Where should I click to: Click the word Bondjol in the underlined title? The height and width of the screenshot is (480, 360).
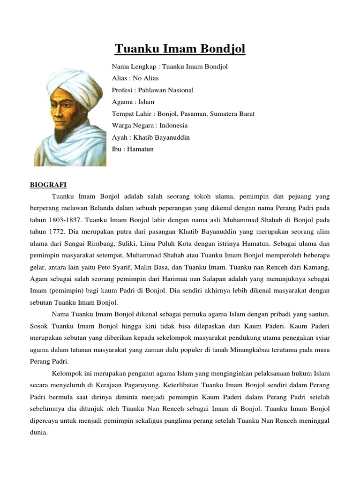(222, 49)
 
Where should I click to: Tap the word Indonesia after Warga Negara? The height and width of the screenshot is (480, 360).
(173, 126)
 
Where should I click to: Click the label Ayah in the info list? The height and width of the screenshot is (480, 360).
(120, 137)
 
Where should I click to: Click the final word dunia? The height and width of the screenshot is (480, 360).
(39, 432)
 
